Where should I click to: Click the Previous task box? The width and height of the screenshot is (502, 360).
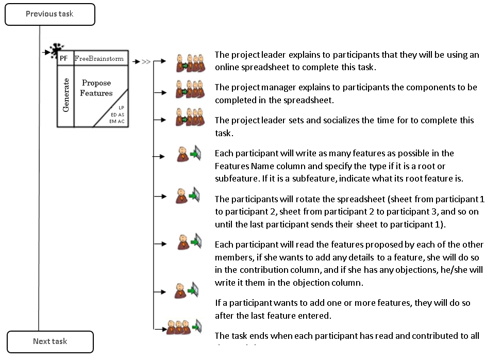coord(50,14)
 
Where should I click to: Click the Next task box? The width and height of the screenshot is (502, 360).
coord(50,341)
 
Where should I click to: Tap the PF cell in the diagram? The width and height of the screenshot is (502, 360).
coord(64,58)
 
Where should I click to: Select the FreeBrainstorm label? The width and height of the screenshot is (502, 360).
coord(99,59)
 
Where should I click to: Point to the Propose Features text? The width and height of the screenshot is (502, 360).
coord(96,88)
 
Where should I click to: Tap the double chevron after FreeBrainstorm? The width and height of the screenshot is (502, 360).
coord(146,62)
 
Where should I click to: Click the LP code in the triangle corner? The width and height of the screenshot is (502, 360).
coord(121,108)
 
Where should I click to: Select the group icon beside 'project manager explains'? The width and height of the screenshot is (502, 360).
coord(188,92)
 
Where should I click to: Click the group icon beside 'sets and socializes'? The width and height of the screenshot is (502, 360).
coord(188,120)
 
